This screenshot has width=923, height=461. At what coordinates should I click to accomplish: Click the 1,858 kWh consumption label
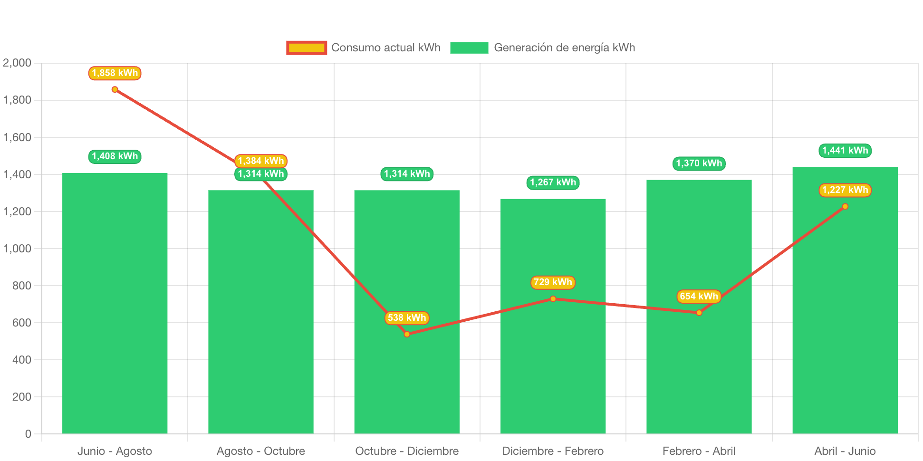115,73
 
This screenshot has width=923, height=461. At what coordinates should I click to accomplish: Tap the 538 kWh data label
407,318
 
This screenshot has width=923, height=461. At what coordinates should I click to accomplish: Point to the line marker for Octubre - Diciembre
407,334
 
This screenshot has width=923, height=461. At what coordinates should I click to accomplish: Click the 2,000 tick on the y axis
17,63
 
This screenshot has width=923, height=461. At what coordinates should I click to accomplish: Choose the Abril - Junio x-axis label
845,451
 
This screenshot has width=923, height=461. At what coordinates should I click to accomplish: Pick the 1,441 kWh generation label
845,151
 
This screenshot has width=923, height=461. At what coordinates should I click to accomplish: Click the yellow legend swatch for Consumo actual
307,48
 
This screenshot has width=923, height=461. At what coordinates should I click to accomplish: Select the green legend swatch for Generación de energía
469,48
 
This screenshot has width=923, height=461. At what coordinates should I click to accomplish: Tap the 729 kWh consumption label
553,282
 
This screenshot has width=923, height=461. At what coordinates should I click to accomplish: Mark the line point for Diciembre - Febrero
553,299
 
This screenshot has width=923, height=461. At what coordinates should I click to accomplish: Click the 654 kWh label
699,297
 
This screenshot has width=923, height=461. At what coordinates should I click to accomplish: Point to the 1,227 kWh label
845,190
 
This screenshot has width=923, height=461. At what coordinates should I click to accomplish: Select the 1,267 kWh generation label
553,182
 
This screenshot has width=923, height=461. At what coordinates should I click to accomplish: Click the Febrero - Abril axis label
699,451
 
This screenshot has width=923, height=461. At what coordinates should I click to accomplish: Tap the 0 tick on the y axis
28,434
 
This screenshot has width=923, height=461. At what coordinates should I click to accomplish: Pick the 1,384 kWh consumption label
261,161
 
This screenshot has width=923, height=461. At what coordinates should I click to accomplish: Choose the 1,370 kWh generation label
699,163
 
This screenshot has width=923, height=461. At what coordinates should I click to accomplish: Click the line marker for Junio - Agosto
115,89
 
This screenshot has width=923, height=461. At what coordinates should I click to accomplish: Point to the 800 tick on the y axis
22,286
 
